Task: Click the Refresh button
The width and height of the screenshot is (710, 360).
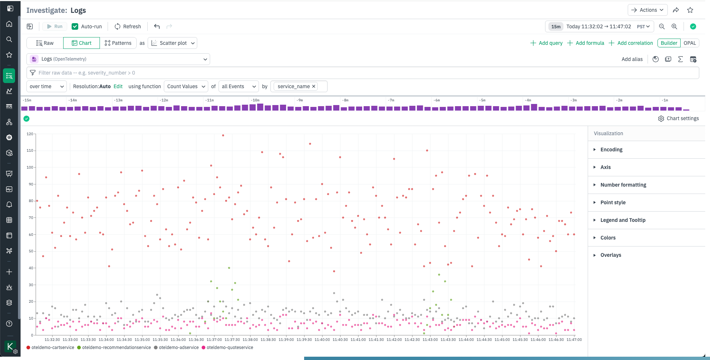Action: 127,26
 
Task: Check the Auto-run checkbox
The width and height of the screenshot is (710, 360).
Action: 75,26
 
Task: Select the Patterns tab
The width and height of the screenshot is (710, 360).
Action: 118,43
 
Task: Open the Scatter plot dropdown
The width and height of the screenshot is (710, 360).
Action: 173,43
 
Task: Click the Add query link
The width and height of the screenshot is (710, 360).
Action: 547,43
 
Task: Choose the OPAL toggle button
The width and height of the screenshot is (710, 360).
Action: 689,43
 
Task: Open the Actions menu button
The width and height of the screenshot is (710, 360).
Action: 648,10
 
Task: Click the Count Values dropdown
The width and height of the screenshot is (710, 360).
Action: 186,86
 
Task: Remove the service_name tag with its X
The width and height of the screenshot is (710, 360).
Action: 314,86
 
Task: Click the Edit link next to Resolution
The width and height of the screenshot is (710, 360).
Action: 118,86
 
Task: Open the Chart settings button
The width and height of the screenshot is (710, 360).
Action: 678,118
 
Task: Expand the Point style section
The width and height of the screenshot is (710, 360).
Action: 613,202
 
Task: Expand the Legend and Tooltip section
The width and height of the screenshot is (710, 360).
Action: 623,220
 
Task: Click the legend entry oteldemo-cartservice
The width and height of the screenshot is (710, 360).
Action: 53,348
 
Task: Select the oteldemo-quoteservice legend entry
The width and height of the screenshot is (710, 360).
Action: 230,348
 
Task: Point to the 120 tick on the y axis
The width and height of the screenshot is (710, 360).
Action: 30,134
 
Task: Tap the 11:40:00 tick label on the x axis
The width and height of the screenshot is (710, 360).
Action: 322,340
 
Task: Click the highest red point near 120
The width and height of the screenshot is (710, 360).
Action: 223,136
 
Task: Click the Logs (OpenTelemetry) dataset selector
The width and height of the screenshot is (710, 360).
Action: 118,59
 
